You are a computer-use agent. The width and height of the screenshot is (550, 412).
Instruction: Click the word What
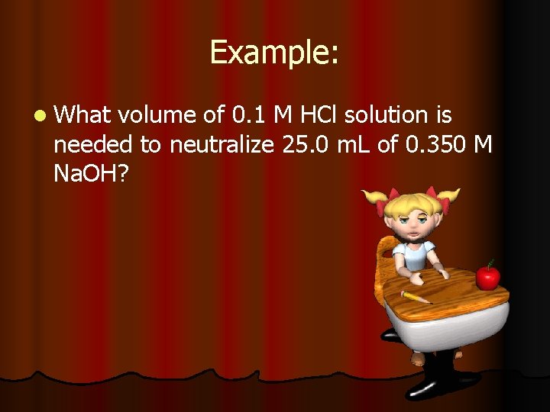(82, 115)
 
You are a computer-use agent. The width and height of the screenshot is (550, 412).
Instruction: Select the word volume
(155, 115)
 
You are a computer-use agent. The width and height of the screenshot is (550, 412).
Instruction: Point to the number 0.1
(245, 115)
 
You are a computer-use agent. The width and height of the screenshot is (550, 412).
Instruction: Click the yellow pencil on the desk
(417, 296)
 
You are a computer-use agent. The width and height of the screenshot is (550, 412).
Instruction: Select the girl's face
(410, 220)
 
